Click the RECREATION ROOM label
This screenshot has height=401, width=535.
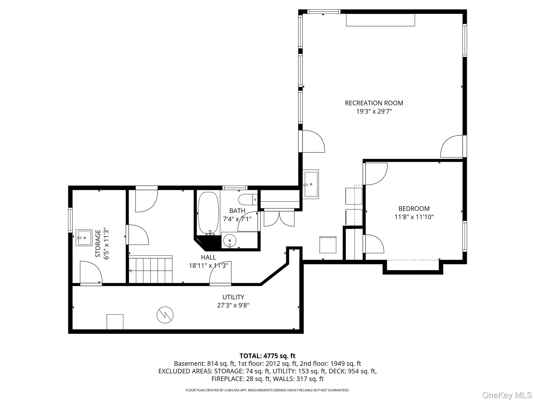[374, 103]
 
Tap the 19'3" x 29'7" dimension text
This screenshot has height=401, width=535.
[374, 111]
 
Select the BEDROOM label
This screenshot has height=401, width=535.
[414, 209]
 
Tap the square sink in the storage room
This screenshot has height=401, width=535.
[84, 238]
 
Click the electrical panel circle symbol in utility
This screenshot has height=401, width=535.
[165, 315]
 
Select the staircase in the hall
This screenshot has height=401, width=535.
[151, 269]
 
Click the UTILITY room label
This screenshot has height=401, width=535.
[233, 297]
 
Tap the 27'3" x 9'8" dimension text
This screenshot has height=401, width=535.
[233, 305]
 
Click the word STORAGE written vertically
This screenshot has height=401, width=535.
[98, 243]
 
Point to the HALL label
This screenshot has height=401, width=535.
[208, 257]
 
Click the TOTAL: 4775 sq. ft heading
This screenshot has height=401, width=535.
[267, 356]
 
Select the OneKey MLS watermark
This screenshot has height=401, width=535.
[507, 395]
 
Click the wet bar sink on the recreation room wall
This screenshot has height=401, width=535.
[311, 184]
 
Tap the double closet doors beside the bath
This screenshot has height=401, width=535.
[279, 218]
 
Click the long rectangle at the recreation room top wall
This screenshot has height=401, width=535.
[380, 20]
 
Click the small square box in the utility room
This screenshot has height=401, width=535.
[115, 322]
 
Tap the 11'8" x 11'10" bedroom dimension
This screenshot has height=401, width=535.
[414, 217]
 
